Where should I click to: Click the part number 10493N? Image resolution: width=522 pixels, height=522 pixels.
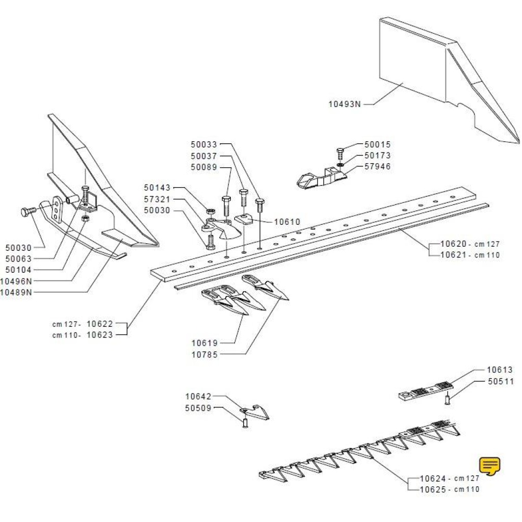[344, 105]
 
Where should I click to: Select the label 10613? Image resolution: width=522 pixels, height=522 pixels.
[500, 370]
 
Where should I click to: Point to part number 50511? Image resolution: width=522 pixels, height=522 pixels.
[501, 381]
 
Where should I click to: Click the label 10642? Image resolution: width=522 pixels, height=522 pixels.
[198, 397]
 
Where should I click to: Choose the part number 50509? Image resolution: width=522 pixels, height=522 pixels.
[198, 408]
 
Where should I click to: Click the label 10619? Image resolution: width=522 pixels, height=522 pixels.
[204, 343]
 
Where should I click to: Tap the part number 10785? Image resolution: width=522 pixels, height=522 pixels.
[204, 354]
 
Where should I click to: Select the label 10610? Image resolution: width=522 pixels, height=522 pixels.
[287, 222]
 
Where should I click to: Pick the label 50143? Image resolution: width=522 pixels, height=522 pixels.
[157, 188]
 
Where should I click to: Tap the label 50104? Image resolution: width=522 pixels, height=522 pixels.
[18, 270]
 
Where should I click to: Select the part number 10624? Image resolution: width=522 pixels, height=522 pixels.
[433, 479]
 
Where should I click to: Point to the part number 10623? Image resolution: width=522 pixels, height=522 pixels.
[100, 334]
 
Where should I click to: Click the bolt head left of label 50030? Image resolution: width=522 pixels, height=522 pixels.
[26, 211]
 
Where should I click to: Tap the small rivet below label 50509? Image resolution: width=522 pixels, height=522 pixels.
[245, 423]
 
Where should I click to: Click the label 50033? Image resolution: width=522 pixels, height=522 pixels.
[204, 145]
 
